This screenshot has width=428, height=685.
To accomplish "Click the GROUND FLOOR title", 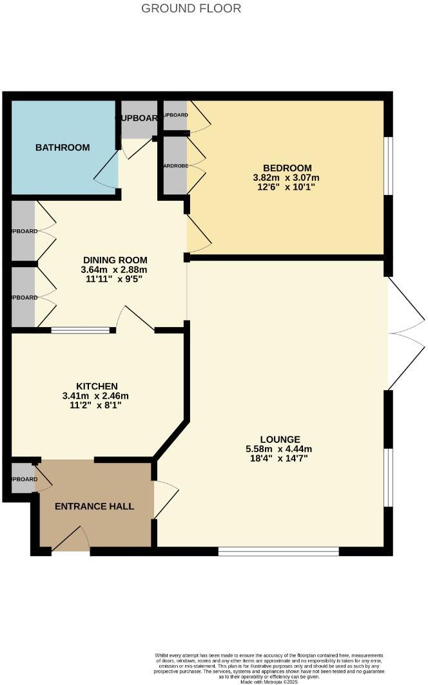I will tap(191, 8).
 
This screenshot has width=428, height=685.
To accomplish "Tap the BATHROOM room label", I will tap(63, 147).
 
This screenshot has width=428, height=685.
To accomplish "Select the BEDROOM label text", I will tap(287, 167).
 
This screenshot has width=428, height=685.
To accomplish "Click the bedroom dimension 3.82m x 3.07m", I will tap(287, 178).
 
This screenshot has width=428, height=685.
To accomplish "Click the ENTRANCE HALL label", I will tap(94, 506).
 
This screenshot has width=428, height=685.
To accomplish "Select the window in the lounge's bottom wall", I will tap(278, 551).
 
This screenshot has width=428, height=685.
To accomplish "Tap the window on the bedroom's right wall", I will tap(388, 165).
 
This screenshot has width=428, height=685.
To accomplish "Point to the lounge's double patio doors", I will tap(405, 333).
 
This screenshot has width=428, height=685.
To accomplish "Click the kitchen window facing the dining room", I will tap(81, 331).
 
